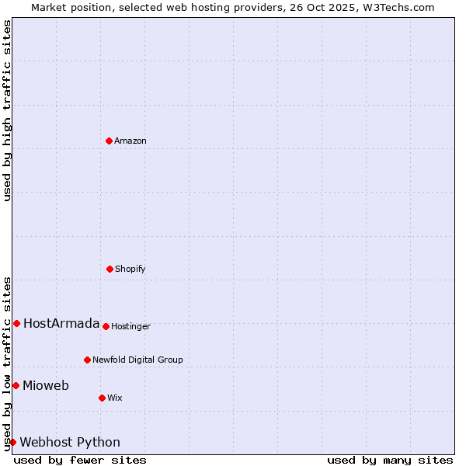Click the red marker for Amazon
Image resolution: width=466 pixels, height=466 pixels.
[x=110, y=141]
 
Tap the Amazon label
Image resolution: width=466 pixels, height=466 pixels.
[x=130, y=141]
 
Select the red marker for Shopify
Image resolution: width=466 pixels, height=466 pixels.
[x=110, y=269]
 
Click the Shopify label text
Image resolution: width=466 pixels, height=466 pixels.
[x=130, y=270]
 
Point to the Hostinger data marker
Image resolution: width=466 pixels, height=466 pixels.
[x=106, y=326]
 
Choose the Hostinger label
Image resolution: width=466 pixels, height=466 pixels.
[x=130, y=327]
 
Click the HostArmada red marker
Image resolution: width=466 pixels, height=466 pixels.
[x=16, y=323]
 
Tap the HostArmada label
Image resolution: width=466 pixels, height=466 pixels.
[x=61, y=324]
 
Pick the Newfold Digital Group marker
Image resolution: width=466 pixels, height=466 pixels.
[x=87, y=360]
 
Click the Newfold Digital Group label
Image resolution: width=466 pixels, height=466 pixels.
[x=137, y=360]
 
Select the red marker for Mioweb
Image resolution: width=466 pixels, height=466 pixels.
[x=16, y=385]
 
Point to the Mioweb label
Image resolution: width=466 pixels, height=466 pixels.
[x=46, y=386]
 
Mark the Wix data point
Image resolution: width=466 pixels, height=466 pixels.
[x=102, y=398]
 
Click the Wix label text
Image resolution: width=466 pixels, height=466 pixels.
[x=115, y=398]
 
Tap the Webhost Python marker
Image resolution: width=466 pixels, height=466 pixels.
[x=12, y=442]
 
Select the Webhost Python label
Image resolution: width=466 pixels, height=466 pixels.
[x=70, y=443]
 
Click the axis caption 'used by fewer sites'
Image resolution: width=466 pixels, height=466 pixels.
[x=80, y=460]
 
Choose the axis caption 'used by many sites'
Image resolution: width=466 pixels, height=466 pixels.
[x=390, y=460]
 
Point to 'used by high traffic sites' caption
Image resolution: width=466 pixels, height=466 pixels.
[x=7, y=110]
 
